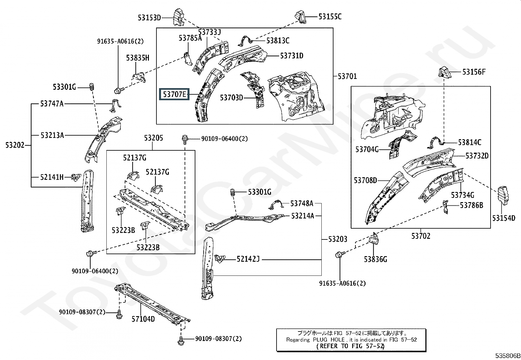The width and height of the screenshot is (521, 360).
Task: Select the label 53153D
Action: (x=149, y=18)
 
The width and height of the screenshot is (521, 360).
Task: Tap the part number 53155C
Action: (x=330, y=17)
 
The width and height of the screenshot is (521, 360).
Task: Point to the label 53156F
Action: (x=474, y=72)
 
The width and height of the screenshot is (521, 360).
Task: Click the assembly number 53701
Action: (x=347, y=76)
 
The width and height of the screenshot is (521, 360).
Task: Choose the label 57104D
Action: (x=143, y=319)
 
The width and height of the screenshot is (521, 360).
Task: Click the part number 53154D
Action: (x=504, y=218)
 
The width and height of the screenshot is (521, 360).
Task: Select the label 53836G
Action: (x=375, y=259)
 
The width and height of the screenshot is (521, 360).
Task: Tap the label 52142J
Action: (x=248, y=259)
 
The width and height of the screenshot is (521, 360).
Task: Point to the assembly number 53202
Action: (x=15, y=145)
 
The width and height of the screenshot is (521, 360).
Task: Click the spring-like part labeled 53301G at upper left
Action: (x=92, y=87)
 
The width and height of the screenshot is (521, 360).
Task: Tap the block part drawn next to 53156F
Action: (x=444, y=72)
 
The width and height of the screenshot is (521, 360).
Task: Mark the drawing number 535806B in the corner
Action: (x=507, y=356)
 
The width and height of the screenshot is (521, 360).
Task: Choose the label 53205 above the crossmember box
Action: (x=153, y=138)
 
